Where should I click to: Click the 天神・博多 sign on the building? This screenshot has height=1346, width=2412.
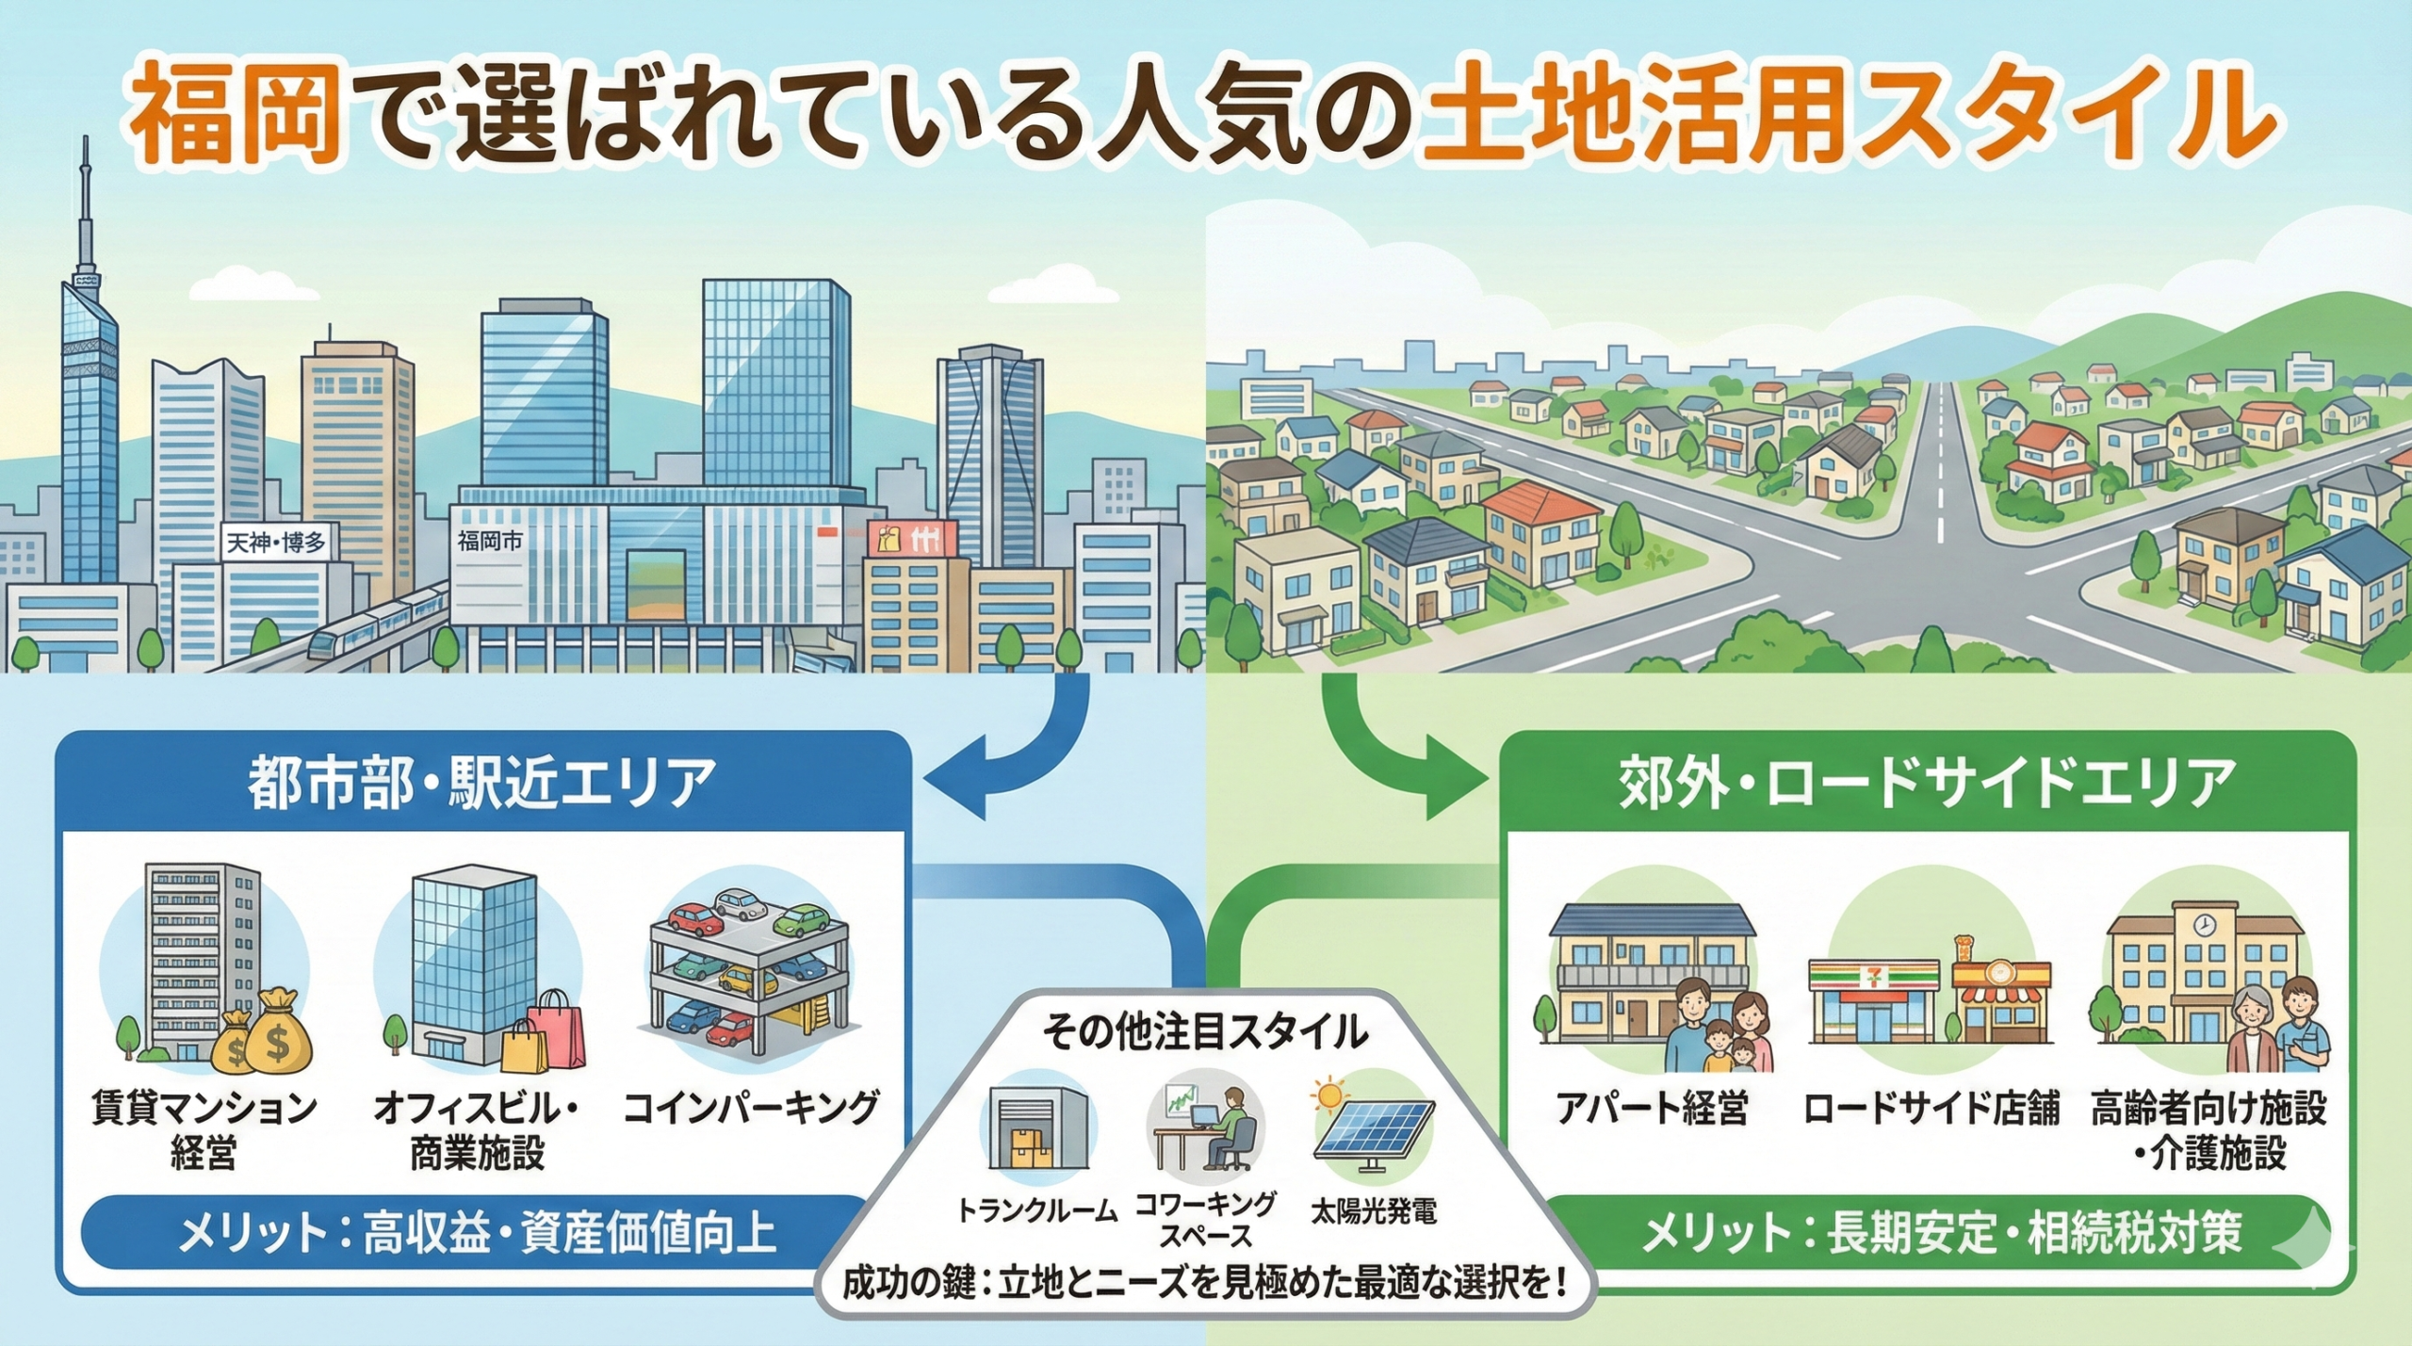276,543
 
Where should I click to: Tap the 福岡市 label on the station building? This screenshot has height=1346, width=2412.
490,541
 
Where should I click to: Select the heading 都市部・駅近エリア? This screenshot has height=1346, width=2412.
481,782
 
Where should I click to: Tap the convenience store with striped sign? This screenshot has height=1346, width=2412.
1873,1003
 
